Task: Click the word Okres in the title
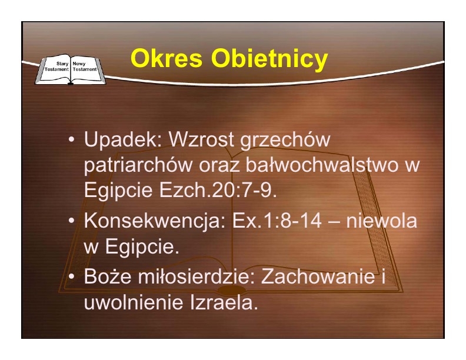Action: pyautogui.click(x=167, y=58)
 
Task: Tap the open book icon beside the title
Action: pyautogui.click(x=71, y=69)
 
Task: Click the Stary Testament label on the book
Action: pyautogui.click(x=56, y=66)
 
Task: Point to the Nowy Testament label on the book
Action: pyautogui.click(x=85, y=66)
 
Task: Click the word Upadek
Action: pyautogui.click(x=124, y=139)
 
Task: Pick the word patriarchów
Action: pyautogui.click(x=138, y=166)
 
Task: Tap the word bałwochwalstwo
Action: pyautogui.click(x=322, y=164)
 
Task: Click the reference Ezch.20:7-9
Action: pyautogui.click(x=218, y=190)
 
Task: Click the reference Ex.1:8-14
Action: pyautogui.click(x=277, y=221)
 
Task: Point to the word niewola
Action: pyautogui.click(x=382, y=221)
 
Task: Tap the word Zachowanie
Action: pyautogui.click(x=318, y=276)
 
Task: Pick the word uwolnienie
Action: pyautogui.click(x=134, y=302)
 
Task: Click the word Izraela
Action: pyautogui.click(x=224, y=302)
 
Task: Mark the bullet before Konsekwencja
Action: pyautogui.click(x=71, y=221)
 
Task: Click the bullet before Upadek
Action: pyautogui.click(x=71, y=139)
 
